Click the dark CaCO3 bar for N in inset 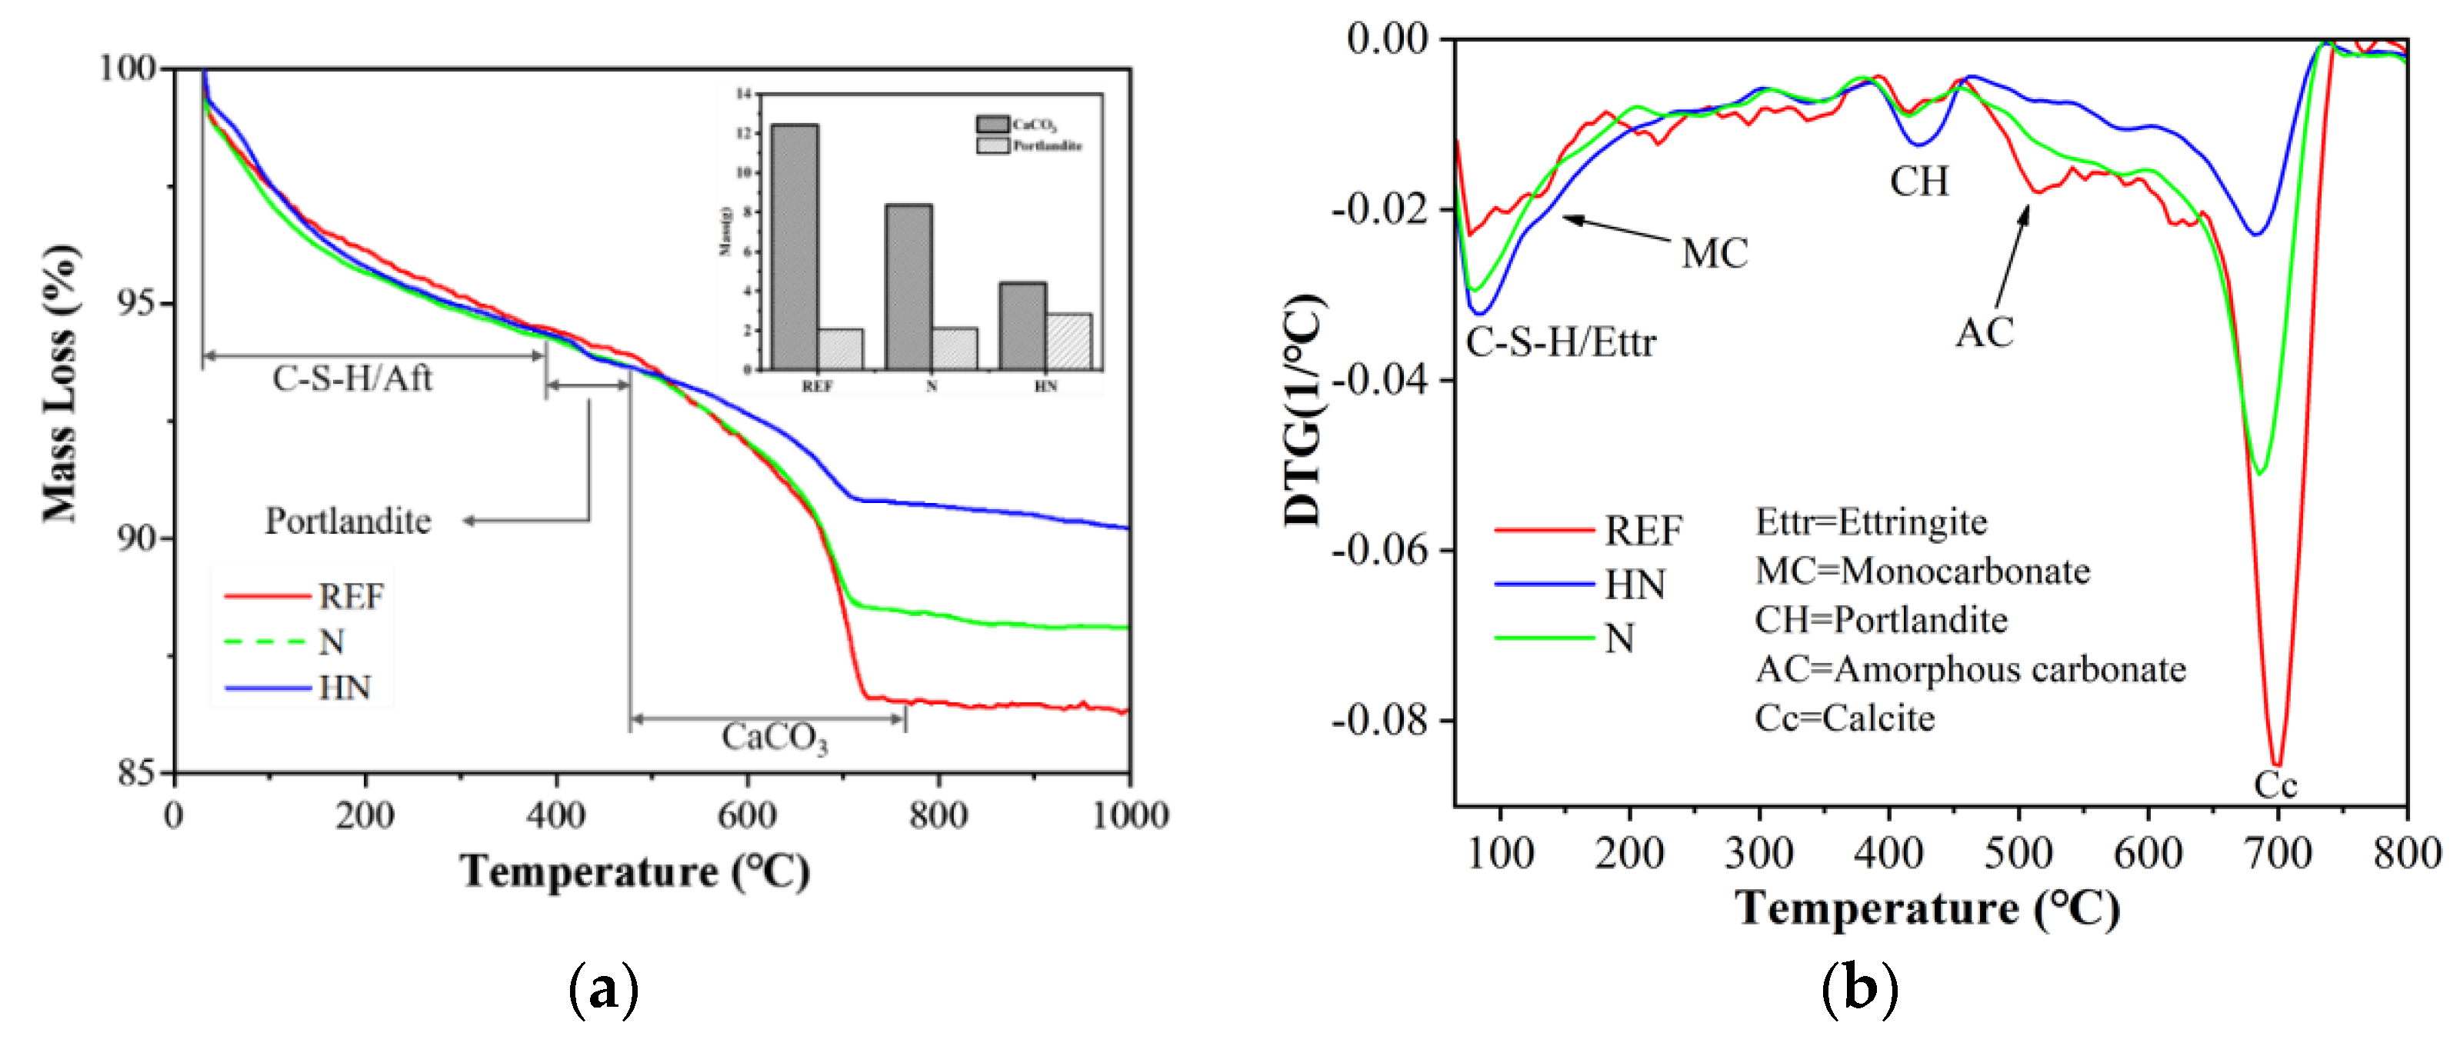click(908, 287)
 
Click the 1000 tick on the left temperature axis click(1130, 814)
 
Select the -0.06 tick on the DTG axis click(1379, 549)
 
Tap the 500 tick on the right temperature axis click(2018, 852)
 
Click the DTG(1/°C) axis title click(1302, 411)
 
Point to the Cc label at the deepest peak click(2275, 785)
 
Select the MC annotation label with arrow click(1714, 253)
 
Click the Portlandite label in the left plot click(348, 521)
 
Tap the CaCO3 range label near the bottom click(774, 738)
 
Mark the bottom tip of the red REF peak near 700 click(2278, 765)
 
